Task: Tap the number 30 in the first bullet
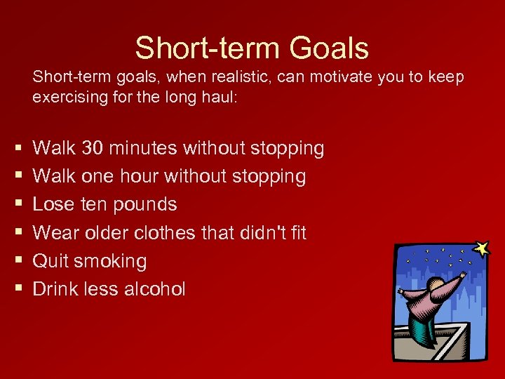click(x=95, y=148)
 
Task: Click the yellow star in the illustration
click(x=481, y=248)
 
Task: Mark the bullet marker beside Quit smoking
click(x=15, y=261)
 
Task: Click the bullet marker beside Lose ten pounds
click(x=15, y=205)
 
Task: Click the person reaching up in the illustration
click(x=429, y=302)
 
